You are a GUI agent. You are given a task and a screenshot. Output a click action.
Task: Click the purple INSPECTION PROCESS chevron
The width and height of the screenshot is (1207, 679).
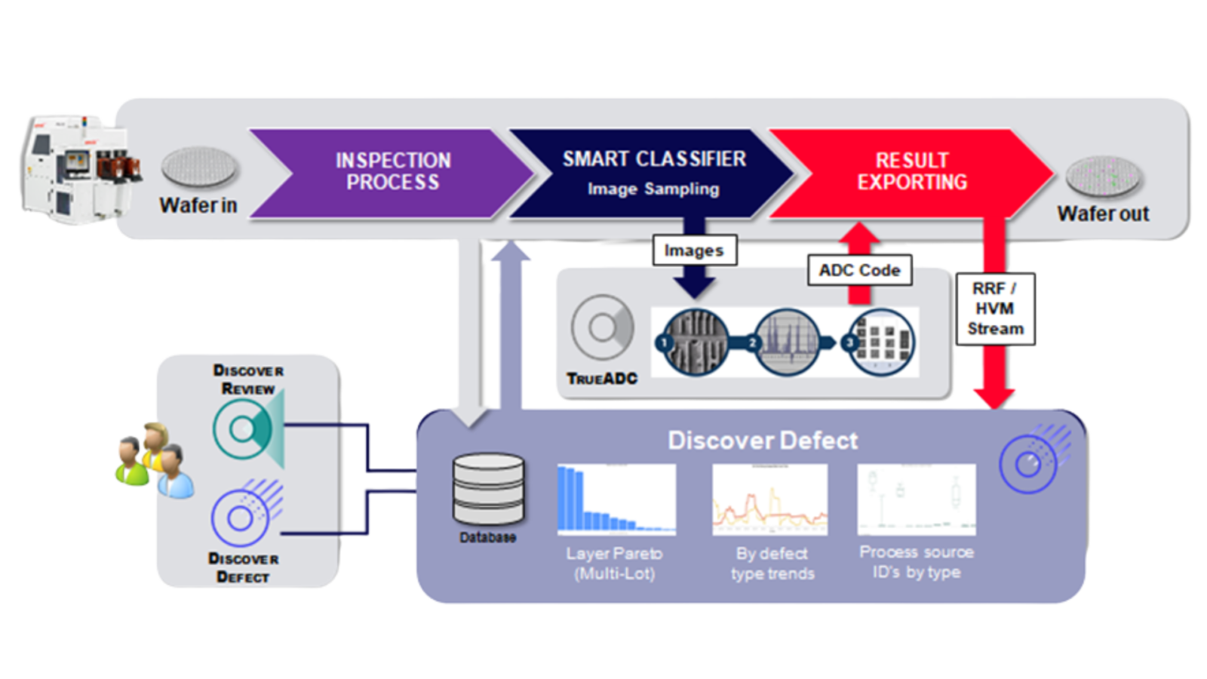(392, 173)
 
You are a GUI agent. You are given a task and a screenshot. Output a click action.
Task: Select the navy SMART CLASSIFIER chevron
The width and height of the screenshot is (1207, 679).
(653, 173)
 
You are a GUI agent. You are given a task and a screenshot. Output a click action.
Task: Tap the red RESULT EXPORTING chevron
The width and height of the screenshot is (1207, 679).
(911, 173)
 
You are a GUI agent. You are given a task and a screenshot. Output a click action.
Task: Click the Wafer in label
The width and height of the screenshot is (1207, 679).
(198, 205)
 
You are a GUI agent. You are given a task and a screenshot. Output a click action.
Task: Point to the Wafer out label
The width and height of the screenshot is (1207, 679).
(1102, 214)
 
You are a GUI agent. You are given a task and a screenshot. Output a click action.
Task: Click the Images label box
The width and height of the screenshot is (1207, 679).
(694, 250)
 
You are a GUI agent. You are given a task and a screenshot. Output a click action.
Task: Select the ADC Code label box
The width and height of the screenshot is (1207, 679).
(859, 270)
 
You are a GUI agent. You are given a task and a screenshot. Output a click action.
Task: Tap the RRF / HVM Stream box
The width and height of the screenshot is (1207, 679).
(995, 309)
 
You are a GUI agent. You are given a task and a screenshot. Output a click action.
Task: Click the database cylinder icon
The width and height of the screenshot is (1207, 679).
(488, 490)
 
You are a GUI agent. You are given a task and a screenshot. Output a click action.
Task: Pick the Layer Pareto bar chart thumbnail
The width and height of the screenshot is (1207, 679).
(616, 499)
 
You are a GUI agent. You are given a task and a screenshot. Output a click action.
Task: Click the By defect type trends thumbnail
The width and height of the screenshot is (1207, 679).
(769, 499)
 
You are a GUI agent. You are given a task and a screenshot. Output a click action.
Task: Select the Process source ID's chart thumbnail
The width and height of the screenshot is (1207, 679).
(916, 499)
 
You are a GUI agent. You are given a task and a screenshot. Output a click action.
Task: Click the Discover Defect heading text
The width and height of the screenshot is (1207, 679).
(762, 441)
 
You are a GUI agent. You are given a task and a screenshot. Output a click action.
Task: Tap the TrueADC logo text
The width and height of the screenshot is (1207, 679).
(602, 379)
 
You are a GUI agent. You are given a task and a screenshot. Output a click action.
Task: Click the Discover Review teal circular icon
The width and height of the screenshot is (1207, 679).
(244, 429)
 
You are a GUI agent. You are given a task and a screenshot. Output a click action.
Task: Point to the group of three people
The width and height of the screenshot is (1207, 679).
(154, 460)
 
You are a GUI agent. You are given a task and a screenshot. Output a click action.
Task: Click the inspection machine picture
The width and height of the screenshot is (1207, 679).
(75, 170)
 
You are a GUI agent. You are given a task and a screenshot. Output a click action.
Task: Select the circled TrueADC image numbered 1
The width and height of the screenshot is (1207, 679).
(692, 342)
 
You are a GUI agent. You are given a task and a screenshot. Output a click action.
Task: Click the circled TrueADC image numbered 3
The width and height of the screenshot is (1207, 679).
(881, 342)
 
